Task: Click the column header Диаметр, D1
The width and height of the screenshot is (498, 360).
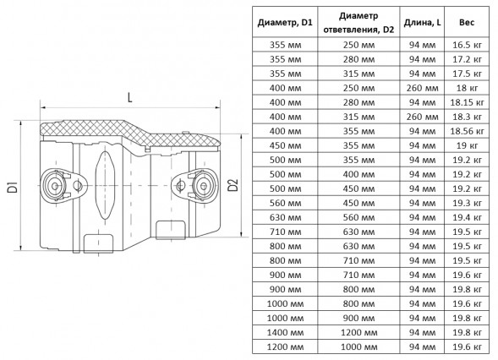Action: pos(285,23)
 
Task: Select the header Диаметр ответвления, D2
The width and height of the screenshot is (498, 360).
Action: pos(358,23)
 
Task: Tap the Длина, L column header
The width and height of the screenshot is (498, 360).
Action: pos(422,23)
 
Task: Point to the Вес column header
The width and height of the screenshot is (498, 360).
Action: pos(467,22)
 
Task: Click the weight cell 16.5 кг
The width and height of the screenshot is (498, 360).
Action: pos(468,45)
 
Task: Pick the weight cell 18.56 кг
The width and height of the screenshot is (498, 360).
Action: pos(468,131)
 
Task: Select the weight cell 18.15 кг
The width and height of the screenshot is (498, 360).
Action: pos(468,102)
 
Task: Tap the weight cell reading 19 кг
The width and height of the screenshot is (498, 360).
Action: pos(468,145)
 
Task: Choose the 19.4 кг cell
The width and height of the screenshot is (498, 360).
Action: pos(468,217)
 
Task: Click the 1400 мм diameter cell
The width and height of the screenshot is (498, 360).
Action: pos(285,332)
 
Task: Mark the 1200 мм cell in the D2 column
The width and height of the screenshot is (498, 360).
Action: pos(358,332)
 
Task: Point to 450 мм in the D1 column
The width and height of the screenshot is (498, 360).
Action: pos(285,145)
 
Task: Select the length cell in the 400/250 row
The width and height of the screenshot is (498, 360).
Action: pos(423,88)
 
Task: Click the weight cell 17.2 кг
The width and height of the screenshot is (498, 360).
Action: pos(468,59)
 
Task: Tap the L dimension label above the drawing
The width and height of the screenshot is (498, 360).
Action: pos(130,97)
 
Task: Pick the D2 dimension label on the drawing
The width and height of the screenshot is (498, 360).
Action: pos(233,185)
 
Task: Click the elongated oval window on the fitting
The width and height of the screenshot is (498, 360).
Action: pos(104,185)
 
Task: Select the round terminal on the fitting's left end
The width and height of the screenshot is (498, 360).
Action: pos(54,186)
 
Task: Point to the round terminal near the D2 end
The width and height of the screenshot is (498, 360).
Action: pos(204,185)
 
